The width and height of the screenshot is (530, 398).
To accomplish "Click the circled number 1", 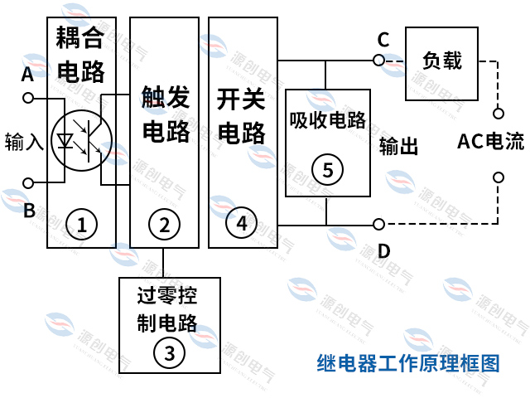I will click(81, 223).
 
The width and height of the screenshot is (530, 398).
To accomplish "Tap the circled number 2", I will click(164, 223).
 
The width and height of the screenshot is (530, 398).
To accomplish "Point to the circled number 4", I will click(241, 223).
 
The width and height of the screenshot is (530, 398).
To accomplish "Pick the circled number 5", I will click(327, 170).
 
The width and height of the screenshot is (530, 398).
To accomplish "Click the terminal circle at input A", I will click(28, 98).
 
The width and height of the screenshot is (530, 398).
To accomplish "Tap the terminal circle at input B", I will click(28, 182).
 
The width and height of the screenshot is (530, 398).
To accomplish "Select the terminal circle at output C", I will click(378, 60).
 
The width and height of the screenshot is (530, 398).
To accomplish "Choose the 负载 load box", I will click(441, 62).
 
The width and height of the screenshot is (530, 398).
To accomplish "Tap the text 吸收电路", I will click(327, 119).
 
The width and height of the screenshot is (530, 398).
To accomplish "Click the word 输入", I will click(23, 140).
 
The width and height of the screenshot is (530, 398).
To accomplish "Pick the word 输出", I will click(398, 147).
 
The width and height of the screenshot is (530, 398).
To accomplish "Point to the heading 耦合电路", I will click(81, 55).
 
